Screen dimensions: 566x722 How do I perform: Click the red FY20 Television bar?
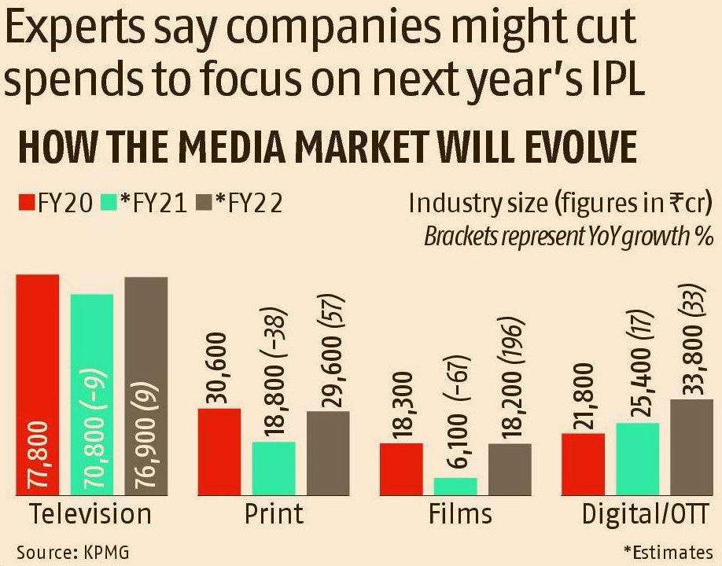tap(38, 385)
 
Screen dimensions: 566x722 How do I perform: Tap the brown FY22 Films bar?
tap(510, 469)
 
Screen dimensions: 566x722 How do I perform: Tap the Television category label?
tap(90, 514)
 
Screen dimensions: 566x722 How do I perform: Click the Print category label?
tap(273, 514)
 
